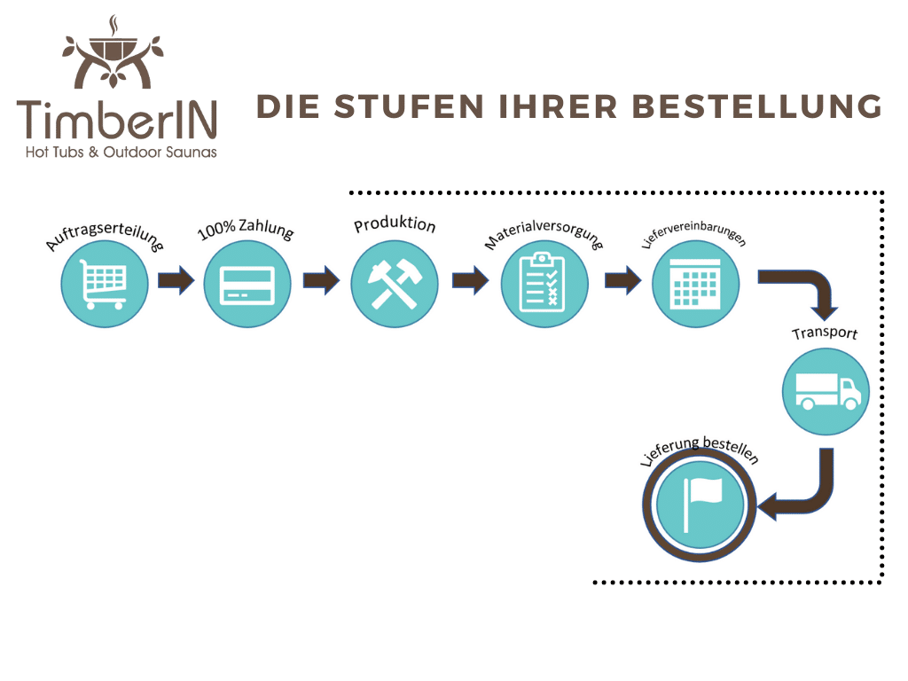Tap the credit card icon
(x=247, y=284)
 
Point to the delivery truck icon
(x=826, y=391)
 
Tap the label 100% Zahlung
(x=245, y=231)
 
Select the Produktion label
(x=395, y=224)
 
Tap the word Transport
(x=825, y=334)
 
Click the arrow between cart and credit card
(x=176, y=281)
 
